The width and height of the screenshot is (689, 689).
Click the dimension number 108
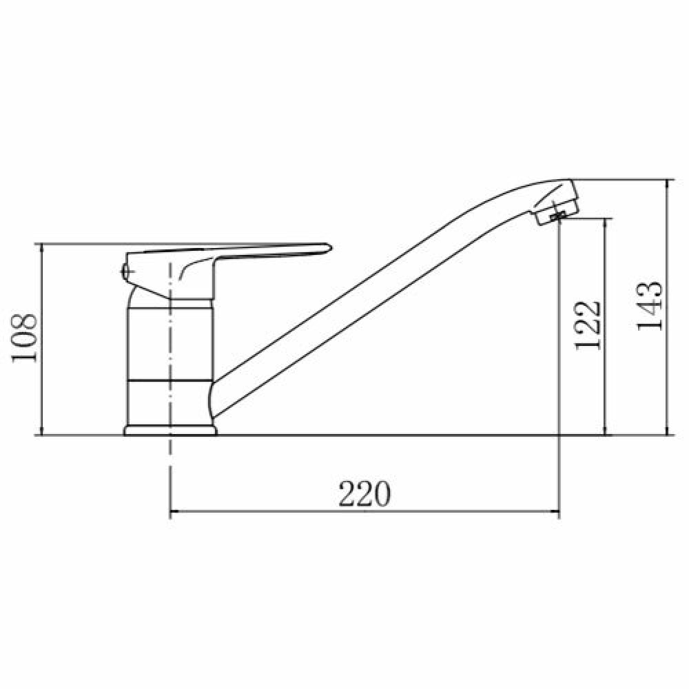24,338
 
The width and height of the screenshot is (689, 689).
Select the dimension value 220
364,493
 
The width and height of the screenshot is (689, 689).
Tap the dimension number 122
587,326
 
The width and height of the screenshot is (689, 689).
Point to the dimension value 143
649,306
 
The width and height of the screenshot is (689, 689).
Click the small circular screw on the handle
125,271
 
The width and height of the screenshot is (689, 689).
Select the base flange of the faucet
170,430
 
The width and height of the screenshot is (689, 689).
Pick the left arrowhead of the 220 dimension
175,511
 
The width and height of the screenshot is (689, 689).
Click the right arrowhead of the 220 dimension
554,511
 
